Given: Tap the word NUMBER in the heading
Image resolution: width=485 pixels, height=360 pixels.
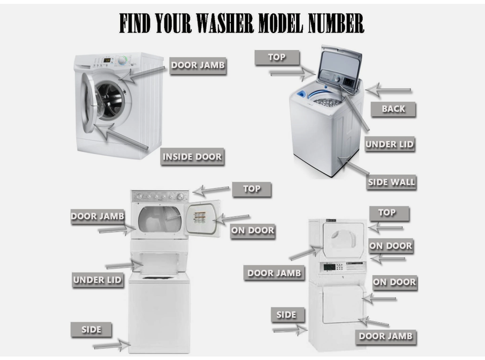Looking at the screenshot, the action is (x=336, y=23).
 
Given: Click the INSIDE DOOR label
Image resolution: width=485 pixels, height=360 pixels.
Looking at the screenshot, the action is (x=192, y=157).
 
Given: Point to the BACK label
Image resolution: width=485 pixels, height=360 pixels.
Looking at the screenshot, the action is (x=393, y=109).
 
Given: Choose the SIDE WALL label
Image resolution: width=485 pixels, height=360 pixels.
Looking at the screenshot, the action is (x=391, y=182).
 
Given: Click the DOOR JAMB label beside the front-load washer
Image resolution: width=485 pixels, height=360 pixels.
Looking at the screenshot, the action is (x=198, y=65).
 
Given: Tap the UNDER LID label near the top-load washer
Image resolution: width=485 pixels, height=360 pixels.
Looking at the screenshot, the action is (x=389, y=144).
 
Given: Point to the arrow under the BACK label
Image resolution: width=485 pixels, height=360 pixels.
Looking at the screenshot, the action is (x=388, y=90).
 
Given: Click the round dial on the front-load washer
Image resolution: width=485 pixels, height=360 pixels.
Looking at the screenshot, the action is (x=123, y=60).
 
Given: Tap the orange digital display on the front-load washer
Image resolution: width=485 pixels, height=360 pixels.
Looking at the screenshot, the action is (x=107, y=60).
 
